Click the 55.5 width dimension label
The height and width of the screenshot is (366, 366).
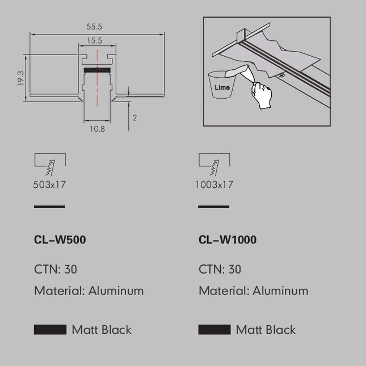[94, 27]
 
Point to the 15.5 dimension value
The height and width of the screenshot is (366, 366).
[95, 41]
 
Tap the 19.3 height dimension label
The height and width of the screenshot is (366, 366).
[21, 78]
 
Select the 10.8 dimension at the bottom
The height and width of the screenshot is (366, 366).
[98, 129]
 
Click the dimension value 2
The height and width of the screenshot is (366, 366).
[134, 117]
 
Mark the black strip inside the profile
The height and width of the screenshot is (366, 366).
[97, 70]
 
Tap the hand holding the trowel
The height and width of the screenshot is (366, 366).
[262, 95]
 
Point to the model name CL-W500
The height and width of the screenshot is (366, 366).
[60, 239]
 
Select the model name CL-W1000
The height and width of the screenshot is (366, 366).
[228, 239]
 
